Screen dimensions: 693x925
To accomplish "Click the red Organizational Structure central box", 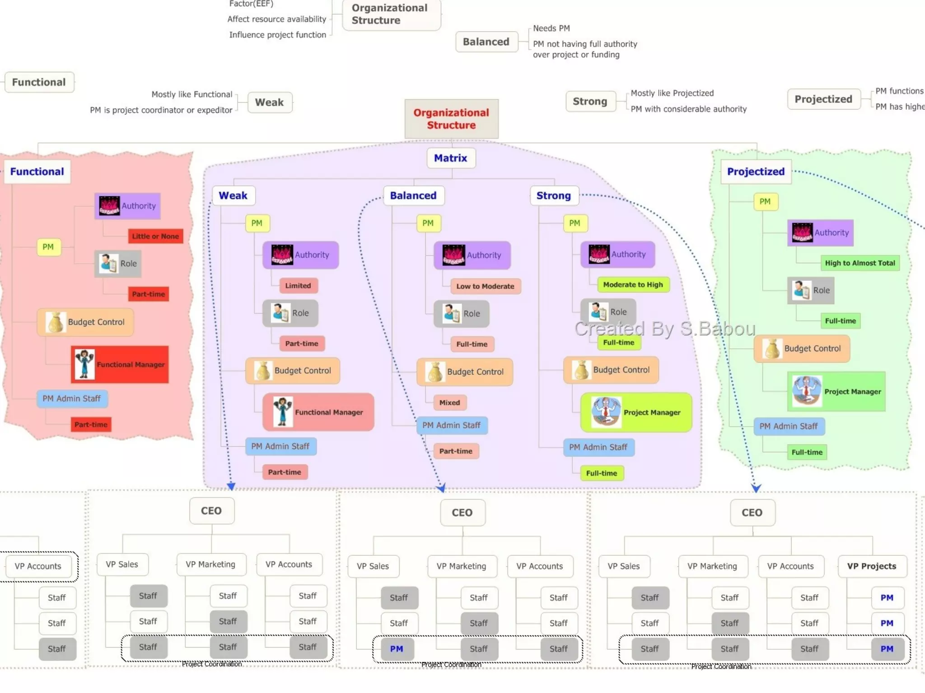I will [x=451, y=119].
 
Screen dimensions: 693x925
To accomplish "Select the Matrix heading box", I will [x=451, y=158].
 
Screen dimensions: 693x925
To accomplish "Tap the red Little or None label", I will [x=155, y=236].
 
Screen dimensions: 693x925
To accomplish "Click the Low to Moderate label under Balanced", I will [x=485, y=286].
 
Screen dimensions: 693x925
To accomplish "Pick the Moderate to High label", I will [x=633, y=284].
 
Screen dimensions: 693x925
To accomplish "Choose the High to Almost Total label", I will [x=860, y=263].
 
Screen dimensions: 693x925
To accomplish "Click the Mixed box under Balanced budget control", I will [x=449, y=402].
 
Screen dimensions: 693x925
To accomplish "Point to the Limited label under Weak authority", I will [x=298, y=285].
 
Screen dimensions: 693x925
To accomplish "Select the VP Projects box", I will [x=871, y=566].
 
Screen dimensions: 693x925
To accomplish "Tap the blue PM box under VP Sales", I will [x=397, y=649].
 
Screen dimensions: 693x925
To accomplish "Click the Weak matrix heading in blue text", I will [x=233, y=195].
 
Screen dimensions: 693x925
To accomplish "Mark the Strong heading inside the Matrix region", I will [x=553, y=195].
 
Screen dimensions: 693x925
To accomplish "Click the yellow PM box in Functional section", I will [x=48, y=247].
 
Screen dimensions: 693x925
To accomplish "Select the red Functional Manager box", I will [x=120, y=364].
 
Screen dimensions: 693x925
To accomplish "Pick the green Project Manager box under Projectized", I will [x=836, y=391].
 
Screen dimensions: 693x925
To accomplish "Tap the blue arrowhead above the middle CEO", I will [x=441, y=488].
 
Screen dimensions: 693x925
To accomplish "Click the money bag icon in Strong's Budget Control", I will [x=581, y=370].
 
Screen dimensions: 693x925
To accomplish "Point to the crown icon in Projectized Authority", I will [x=802, y=233].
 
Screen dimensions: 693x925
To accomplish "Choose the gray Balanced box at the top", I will [x=486, y=42].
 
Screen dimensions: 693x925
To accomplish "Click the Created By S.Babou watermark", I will [x=664, y=329].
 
